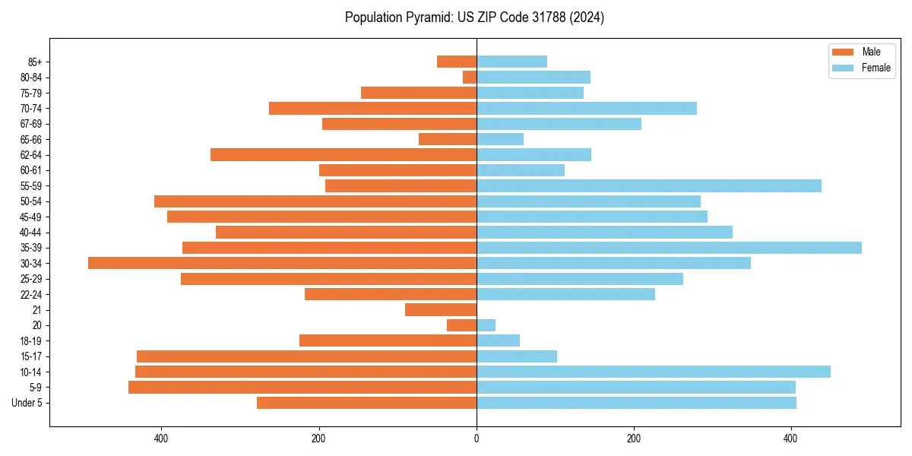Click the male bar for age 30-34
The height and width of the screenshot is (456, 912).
click(282, 263)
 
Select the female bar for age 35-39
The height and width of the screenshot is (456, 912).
click(669, 248)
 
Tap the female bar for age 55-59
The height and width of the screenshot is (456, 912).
click(649, 185)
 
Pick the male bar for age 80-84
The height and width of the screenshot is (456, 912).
click(470, 77)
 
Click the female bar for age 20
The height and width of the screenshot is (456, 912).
click(486, 325)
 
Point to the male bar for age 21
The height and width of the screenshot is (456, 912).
click(441, 309)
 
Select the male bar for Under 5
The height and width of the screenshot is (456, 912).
click(366, 403)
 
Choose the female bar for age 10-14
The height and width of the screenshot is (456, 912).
click(654, 372)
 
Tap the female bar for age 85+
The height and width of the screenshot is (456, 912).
click(511, 62)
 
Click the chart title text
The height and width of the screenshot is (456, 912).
click(474, 17)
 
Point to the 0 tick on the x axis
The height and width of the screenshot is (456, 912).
click(477, 439)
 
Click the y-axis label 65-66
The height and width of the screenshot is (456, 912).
click(31, 139)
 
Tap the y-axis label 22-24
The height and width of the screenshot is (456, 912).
click(31, 294)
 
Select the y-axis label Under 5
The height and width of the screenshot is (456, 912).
click(27, 403)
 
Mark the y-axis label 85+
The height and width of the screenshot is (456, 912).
click(34, 62)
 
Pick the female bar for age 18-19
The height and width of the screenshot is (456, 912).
click(498, 340)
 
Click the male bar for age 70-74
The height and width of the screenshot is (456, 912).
click(372, 108)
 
